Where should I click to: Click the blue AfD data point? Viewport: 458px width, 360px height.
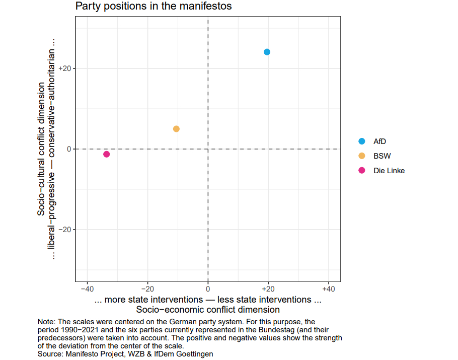coord(267,52)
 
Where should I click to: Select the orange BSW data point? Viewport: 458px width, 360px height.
coord(176,129)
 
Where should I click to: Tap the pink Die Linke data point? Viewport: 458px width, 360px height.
coord(106,154)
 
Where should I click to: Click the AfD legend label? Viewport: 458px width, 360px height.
coord(379,141)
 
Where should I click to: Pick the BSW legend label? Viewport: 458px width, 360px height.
coord(382,156)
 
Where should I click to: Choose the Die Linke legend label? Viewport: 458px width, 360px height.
coord(389,170)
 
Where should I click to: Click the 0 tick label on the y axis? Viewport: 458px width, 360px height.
coord(69,149)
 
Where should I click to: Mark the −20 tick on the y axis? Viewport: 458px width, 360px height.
coord(66,230)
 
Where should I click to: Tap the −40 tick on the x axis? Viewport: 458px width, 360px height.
coord(87,289)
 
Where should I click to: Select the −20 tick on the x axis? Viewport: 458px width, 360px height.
coord(147,289)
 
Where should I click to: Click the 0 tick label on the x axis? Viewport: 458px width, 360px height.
coord(208,289)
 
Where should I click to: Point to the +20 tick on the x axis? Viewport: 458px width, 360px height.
coord(268,289)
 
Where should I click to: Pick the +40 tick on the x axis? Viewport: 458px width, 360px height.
coord(329,289)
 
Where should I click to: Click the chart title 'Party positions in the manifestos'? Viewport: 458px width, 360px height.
coord(154,7)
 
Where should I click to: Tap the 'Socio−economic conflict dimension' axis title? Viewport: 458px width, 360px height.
coord(208,310)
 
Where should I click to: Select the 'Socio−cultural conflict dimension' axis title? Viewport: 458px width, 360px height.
coord(42,149)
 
